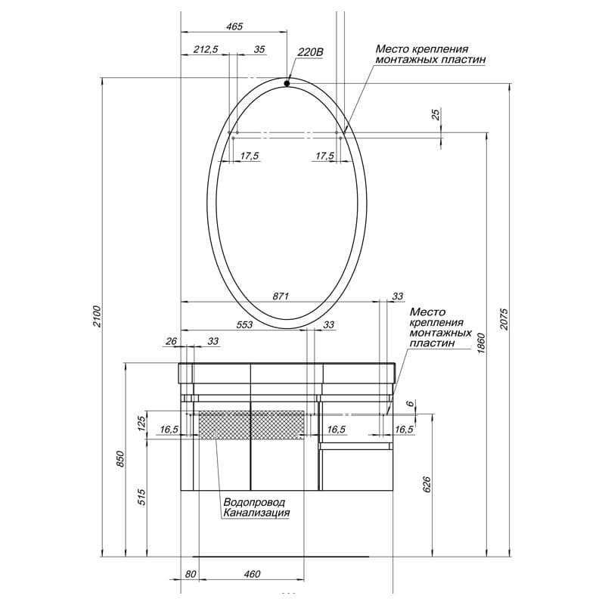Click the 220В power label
coord(310,52)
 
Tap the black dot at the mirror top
coord(287,83)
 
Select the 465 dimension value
coord(234,26)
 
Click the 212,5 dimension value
coord(206,49)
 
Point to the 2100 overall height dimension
coord(97,316)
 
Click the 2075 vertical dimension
coord(504,319)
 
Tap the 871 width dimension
coord(281,296)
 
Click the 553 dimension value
coord(244,324)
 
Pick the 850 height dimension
coord(120,459)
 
